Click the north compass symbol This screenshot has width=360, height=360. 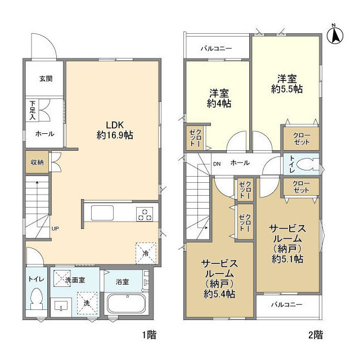335,35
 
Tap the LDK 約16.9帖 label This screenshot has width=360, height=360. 115,130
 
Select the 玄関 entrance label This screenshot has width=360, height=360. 46,79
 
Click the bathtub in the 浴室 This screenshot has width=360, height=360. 126,303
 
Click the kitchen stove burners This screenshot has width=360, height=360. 145,214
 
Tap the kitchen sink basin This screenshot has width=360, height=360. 102,213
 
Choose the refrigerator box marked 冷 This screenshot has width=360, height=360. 146,253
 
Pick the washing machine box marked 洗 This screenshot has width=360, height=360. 87,303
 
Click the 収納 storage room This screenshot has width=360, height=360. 37,162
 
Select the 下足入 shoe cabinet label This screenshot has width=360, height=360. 33,110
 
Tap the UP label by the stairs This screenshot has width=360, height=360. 55,229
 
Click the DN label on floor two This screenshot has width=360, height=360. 217,164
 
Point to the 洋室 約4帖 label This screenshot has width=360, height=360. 219,98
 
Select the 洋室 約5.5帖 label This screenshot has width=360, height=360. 287,84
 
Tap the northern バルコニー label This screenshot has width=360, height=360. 216,48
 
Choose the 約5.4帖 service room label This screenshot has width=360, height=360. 219,279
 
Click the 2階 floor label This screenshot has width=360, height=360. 316,335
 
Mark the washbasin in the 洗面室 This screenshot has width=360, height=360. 61,306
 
